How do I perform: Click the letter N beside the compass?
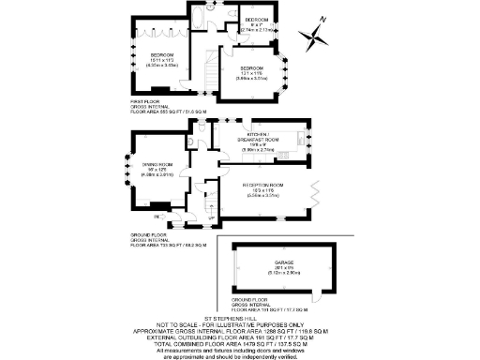pyautogui.click(x=322, y=20)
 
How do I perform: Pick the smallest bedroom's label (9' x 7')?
pyautogui.click(x=257, y=20)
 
